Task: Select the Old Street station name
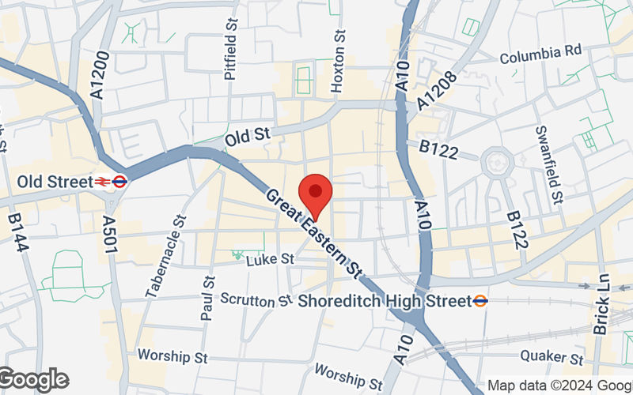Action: [55, 182]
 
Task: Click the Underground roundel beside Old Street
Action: [119, 182]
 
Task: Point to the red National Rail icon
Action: [103, 182]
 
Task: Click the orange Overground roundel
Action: [480, 301]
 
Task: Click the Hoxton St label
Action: [339, 62]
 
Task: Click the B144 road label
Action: [18, 232]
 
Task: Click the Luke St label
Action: [270, 259]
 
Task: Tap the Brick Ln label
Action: [602, 304]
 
